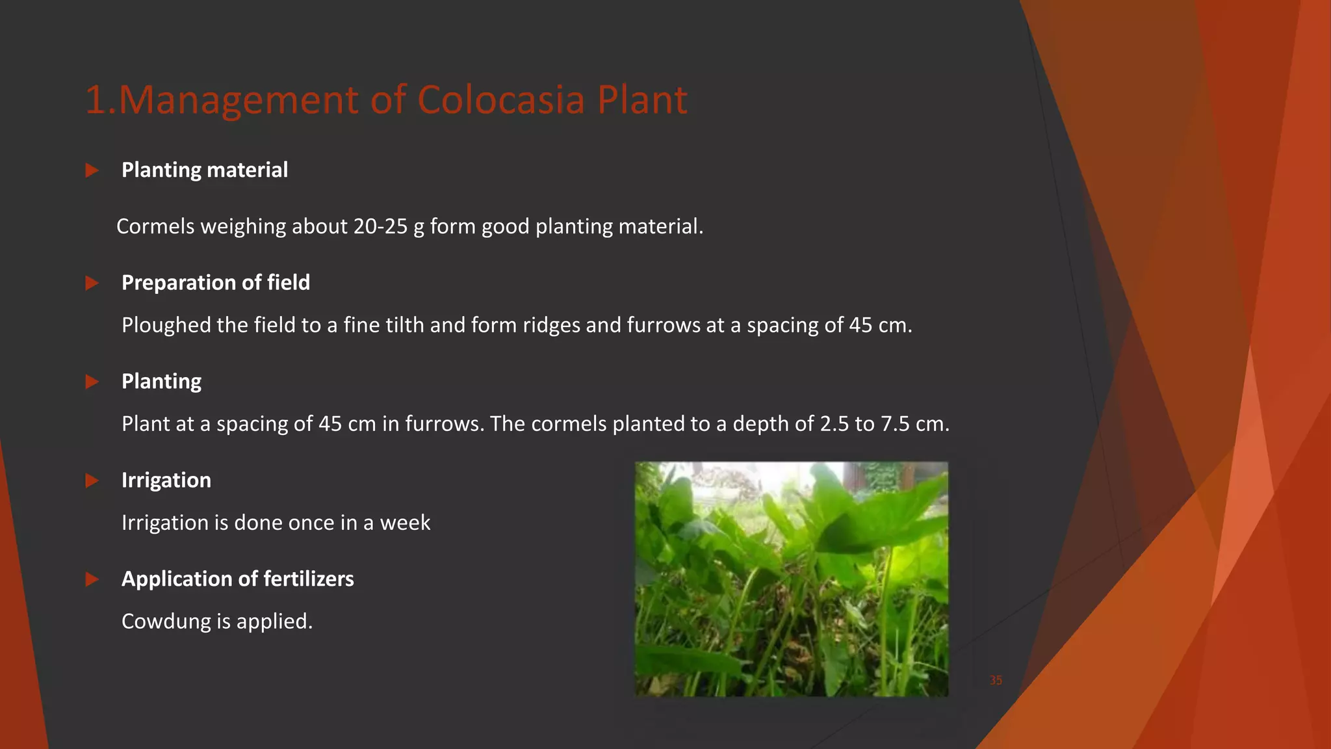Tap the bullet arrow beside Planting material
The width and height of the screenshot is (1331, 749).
92,170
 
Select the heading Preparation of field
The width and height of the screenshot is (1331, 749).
216,283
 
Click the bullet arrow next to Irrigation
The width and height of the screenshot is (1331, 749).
92,480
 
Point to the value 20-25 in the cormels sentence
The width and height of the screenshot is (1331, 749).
380,226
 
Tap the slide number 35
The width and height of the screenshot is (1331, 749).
996,680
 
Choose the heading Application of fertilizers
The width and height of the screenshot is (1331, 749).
238,579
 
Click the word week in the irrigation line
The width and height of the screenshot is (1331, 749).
405,523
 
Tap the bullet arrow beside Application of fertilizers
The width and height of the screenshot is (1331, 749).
92,579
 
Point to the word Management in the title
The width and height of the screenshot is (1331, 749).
238,100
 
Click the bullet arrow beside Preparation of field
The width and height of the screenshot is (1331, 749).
92,283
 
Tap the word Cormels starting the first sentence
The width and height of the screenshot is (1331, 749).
155,226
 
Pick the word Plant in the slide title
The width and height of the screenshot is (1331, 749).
642,100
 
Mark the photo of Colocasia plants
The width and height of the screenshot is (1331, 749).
792,579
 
